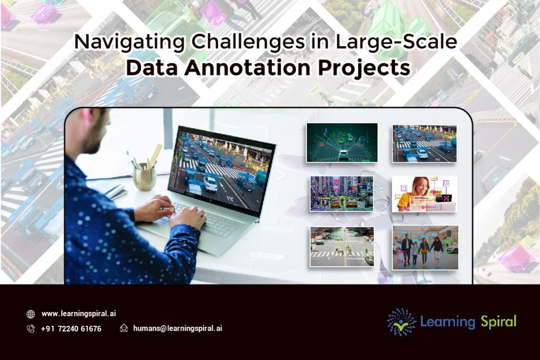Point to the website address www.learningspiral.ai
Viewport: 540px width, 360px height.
[x=79, y=314]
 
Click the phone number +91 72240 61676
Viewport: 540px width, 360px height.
[x=71, y=328]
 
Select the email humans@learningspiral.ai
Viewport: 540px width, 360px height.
[x=177, y=328]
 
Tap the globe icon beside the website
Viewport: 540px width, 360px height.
[x=31, y=314]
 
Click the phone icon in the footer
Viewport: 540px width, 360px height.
[x=31, y=328]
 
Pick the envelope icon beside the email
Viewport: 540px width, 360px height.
[x=124, y=328]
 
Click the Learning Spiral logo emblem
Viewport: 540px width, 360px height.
[x=401, y=322]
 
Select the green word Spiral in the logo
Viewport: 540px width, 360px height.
[x=498, y=322]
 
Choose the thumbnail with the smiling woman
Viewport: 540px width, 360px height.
[x=425, y=193]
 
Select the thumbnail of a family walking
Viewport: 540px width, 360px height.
[x=425, y=247]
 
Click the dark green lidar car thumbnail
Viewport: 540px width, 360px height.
[x=342, y=142]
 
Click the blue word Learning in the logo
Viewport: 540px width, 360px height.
[x=448, y=322]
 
